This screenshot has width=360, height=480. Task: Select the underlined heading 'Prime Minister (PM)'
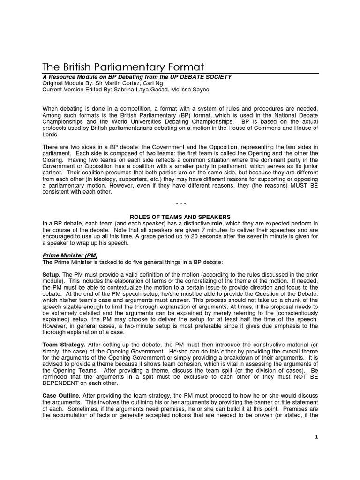pos(70,255)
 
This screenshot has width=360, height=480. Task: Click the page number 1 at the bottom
pos(316,437)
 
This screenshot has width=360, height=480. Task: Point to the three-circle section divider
pos(180,204)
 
